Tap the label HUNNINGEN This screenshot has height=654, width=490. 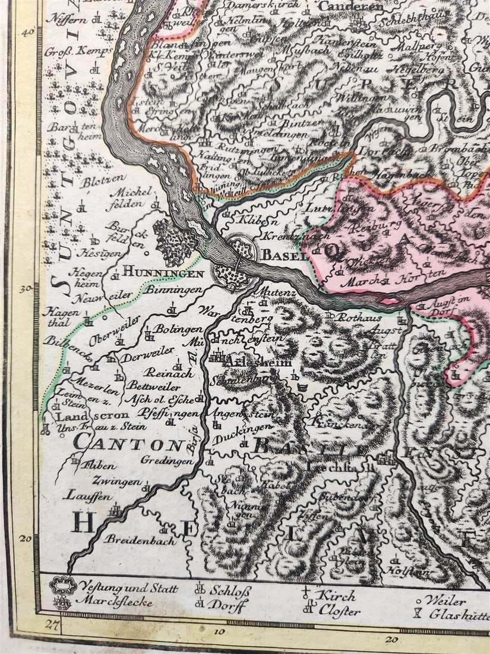(x=164, y=272)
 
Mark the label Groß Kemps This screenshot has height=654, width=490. (x=78, y=51)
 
